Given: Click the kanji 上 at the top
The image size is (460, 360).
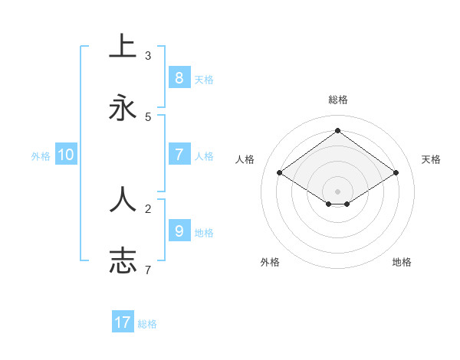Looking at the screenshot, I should (123, 47).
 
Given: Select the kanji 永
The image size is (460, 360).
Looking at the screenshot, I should (123, 108).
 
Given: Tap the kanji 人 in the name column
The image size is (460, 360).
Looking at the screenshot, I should (123, 200).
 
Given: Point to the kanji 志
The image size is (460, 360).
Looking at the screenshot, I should (123, 260).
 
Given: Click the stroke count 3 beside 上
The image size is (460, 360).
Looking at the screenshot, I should (148, 56).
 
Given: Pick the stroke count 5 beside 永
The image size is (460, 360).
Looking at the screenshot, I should (148, 117).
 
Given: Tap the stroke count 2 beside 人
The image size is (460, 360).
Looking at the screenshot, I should (148, 208).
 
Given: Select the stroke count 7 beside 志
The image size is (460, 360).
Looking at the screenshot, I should (148, 270).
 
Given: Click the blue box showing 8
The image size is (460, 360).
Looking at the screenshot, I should (179, 77).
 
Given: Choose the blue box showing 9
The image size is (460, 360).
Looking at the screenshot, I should (179, 231).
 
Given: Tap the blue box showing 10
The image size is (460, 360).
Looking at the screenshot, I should (66, 155).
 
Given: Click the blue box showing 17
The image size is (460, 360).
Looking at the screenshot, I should (123, 322).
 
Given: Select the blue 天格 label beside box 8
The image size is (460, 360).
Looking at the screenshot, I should (204, 79).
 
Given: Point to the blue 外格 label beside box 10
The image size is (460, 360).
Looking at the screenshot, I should (41, 156).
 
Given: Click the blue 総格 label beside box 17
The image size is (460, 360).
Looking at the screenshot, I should (147, 324).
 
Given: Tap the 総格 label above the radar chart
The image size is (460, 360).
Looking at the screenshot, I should (338, 100).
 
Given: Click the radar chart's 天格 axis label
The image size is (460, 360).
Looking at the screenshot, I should (431, 159).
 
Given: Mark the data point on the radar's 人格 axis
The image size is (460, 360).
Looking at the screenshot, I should (280, 173).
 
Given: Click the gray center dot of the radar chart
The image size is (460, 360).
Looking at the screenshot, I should (338, 191).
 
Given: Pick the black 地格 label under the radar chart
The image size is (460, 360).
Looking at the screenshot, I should (402, 262).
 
